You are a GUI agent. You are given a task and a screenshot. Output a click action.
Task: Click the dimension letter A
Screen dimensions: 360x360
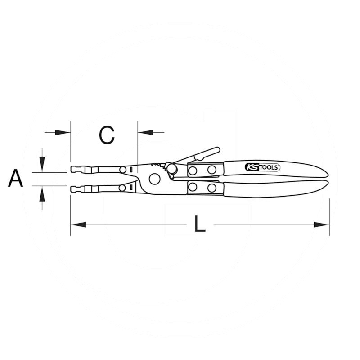[15, 179]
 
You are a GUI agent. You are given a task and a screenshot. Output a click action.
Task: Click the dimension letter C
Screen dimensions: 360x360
[107, 135]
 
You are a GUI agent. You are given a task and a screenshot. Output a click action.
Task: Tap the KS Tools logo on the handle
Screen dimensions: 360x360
[262, 167]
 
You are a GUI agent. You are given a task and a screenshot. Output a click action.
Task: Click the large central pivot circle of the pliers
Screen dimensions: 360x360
[155, 179]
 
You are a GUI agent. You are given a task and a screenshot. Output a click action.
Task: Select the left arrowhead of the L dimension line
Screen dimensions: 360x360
[78, 224]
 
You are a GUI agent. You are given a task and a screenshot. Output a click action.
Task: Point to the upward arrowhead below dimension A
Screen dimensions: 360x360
[42, 193]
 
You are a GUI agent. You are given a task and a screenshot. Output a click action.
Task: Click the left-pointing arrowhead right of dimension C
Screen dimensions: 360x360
[144, 132]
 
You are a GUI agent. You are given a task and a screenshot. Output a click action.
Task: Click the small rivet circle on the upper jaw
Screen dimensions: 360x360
[123, 170]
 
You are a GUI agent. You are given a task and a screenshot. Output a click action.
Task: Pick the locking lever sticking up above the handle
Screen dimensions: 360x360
[202, 154]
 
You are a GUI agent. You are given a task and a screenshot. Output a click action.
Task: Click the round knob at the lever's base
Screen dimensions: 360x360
[172, 169]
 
